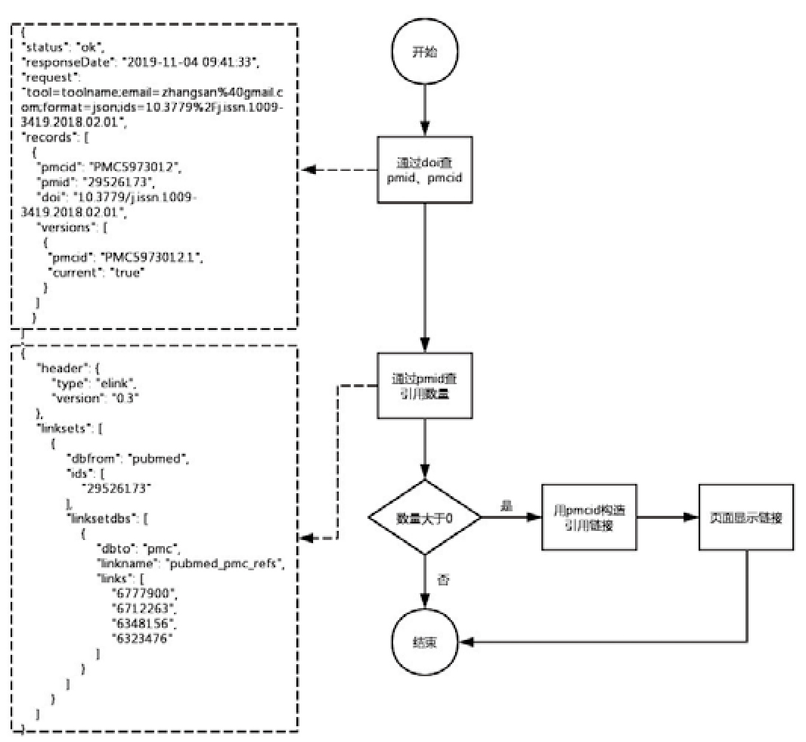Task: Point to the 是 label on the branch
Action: (507, 505)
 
